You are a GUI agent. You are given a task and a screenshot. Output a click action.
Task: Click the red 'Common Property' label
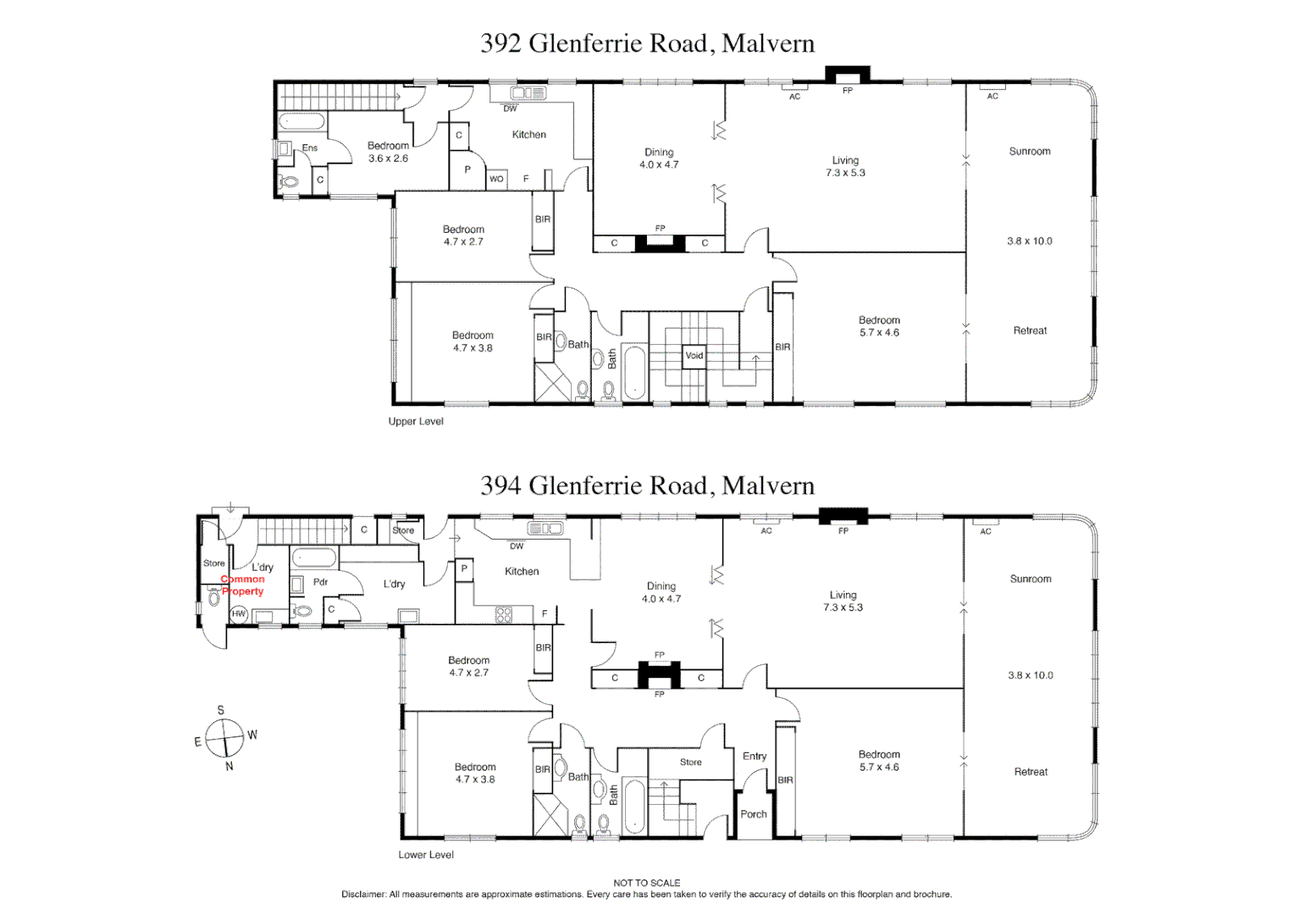[243, 585]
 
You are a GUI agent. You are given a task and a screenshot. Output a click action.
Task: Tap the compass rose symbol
[224, 738]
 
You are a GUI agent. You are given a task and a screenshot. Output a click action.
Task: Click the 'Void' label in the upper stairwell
[694, 356]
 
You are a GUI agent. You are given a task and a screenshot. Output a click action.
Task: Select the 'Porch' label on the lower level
[754, 814]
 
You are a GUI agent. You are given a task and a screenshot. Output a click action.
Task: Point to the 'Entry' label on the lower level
[755, 757]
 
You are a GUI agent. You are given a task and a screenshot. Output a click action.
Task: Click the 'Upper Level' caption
[416, 421]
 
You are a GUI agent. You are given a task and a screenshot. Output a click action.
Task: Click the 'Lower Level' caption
[426, 855]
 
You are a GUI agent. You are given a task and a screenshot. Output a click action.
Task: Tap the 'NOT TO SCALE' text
[647, 883]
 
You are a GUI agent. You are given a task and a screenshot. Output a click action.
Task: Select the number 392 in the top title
[500, 43]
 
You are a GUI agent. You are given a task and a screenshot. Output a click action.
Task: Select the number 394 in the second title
[500, 485]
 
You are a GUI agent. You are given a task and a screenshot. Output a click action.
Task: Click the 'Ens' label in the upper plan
[310, 148]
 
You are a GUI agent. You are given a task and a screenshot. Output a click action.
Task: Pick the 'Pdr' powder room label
[320, 582]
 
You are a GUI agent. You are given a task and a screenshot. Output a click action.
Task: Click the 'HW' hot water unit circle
[239, 614]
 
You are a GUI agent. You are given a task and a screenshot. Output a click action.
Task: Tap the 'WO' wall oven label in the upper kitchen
[496, 179]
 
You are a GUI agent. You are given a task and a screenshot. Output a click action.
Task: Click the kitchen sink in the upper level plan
[528, 93]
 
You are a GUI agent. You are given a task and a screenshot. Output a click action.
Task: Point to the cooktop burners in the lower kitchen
[503, 614]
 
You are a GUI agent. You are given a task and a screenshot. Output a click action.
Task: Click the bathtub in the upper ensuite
[301, 122]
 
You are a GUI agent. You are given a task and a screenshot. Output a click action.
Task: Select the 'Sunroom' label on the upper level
[1030, 152]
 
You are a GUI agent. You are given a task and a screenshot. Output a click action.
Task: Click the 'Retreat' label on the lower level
[1031, 772]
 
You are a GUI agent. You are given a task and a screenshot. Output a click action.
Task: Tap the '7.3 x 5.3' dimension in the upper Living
[845, 173]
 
